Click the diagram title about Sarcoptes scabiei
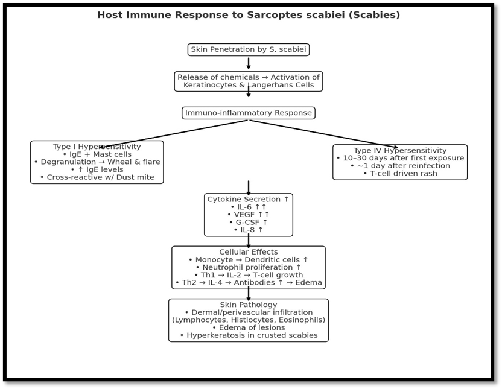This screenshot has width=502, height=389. point(248,15)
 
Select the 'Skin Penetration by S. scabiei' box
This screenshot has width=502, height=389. point(248,49)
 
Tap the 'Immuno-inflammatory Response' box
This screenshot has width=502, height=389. point(248,113)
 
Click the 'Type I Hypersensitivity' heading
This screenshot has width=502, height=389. point(97,147)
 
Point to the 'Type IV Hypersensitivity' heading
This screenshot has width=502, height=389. point(400,150)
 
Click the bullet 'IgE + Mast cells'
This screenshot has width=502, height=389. point(97,154)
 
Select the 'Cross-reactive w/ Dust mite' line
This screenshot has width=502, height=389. point(97,177)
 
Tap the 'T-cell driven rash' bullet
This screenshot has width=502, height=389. point(400,174)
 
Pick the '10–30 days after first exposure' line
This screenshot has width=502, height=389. point(400,158)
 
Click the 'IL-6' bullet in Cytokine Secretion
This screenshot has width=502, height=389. point(248,207)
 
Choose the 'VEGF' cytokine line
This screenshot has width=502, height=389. point(248,215)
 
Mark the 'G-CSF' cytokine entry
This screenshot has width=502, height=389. point(248,223)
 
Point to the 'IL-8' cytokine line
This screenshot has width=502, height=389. point(248,230)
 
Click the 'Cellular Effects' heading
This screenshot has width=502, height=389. point(248,252)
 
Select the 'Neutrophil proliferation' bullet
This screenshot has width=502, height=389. point(248,267)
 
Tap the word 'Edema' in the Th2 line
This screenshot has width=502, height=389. point(310,283)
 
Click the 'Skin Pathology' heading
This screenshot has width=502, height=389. point(248,305)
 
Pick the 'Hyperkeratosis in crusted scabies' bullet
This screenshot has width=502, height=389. point(248,335)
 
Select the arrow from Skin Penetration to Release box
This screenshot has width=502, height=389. point(248,63)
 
